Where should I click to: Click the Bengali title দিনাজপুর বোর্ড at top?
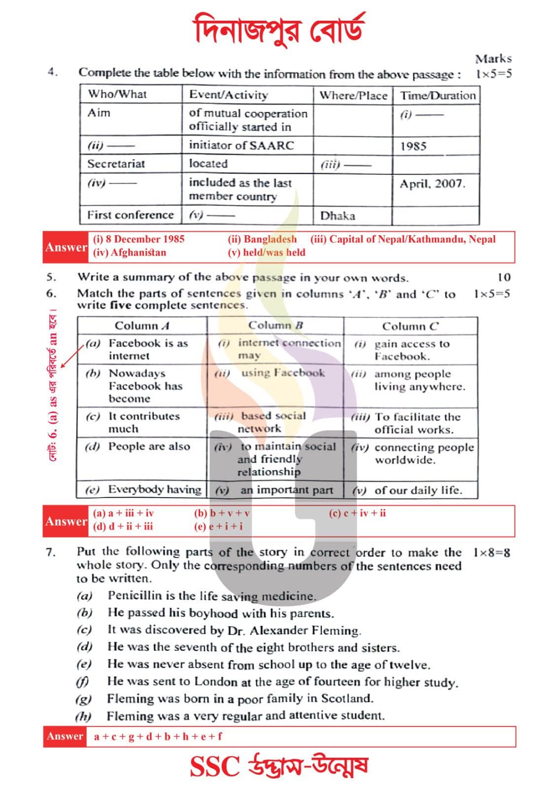pyautogui.click(x=279, y=30)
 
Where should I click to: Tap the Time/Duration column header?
pyautogui.click(x=437, y=95)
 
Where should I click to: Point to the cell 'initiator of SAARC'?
pyautogui.click(x=241, y=145)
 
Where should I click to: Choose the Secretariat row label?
pyautogui.click(x=116, y=164)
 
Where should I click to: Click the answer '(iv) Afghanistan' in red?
pyautogui.click(x=129, y=253)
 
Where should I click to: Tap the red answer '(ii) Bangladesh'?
pyautogui.click(x=262, y=240)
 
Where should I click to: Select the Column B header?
pyautogui.click(x=275, y=325)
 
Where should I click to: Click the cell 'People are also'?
pyautogui.click(x=149, y=447)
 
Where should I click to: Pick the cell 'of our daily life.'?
pyautogui.click(x=418, y=491)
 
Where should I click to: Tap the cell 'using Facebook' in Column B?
pyautogui.click(x=282, y=373)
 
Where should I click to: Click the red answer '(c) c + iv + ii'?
pyautogui.click(x=357, y=513)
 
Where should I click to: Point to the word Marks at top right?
pyautogui.click(x=493, y=59)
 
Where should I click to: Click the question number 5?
pyautogui.click(x=51, y=278)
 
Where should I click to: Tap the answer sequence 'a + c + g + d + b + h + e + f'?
pyautogui.click(x=158, y=737)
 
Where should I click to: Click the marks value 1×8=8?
pyautogui.click(x=491, y=553)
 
